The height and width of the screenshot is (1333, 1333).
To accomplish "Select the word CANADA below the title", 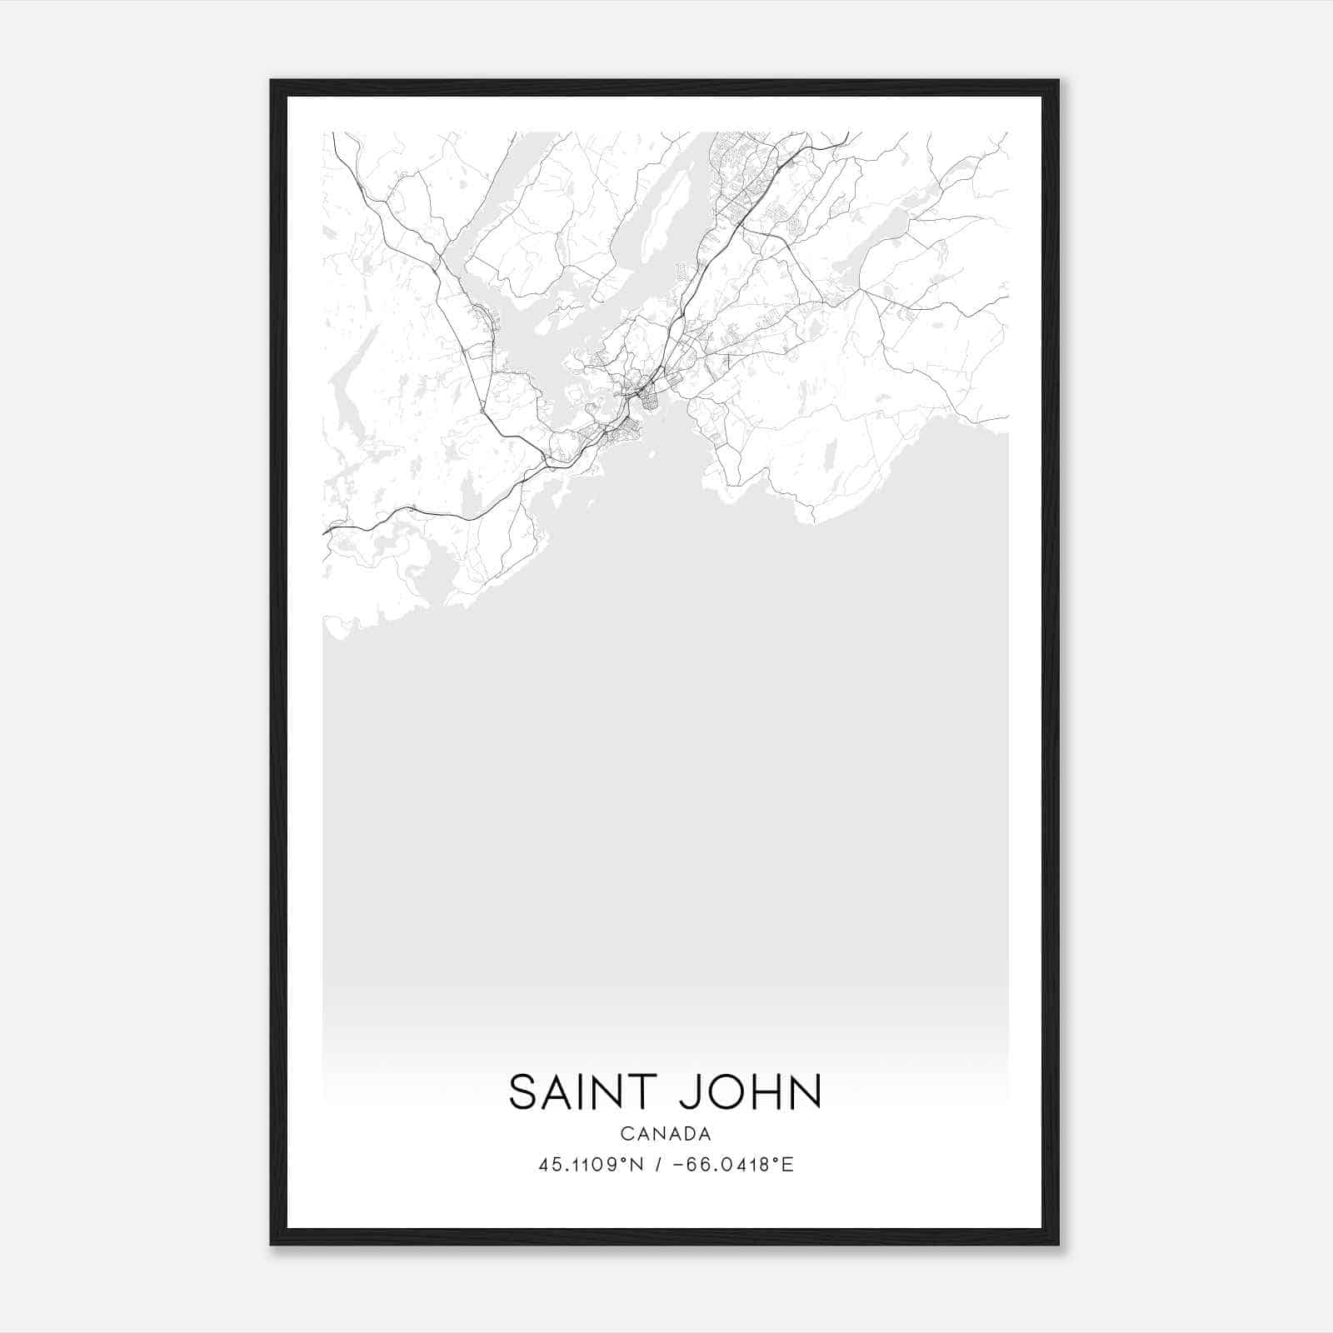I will click(666, 1134).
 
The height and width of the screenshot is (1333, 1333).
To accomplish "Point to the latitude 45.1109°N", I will click(592, 1165).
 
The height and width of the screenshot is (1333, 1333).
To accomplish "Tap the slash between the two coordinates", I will click(658, 1165).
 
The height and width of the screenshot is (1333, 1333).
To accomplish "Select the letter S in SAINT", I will click(522, 1092).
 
